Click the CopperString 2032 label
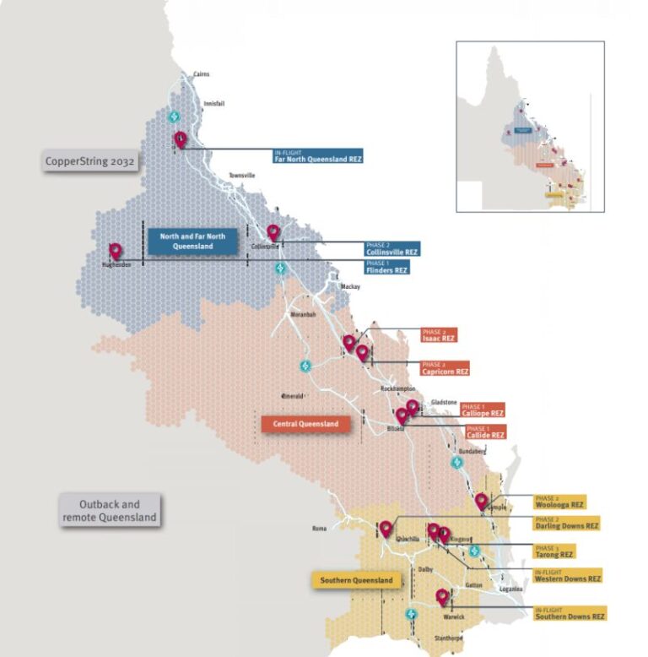tap(91, 160)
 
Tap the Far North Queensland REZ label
tap(317, 155)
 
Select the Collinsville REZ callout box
tap(391, 248)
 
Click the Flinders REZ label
tap(386, 267)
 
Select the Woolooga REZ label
tap(559, 501)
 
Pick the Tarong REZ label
tap(554, 551)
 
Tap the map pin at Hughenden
tap(116, 251)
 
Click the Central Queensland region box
tap(305, 424)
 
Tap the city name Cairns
tap(201, 74)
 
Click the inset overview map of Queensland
tap(530, 127)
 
